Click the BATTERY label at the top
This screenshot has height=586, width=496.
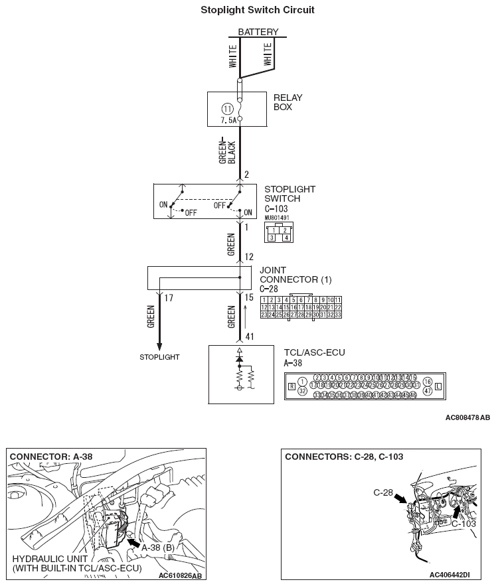(x=258, y=32)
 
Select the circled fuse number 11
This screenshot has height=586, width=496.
(x=227, y=108)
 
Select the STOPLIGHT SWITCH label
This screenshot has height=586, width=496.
(x=289, y=194)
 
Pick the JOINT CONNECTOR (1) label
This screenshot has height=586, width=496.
(x=295, y=275)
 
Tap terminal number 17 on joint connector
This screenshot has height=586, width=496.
(x=168, y=299)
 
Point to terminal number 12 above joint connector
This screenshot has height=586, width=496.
(x=249, y=257)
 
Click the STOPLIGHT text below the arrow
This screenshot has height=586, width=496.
(x=159, y=357)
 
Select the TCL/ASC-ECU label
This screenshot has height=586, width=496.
(x=314, y=352)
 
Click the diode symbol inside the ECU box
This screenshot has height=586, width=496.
(x=239, y=358)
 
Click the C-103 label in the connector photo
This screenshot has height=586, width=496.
(x=463, y=524)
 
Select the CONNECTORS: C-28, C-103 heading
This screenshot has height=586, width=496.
(x=343, y=457)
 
